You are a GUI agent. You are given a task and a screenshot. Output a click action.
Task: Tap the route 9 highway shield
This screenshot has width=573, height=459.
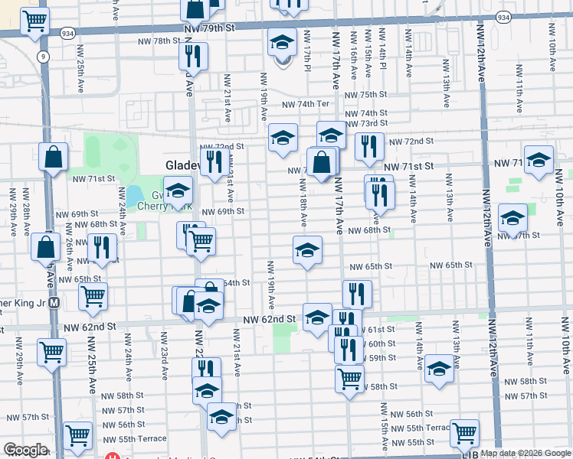44,56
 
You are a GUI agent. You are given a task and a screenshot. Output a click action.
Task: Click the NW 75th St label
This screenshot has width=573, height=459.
366,95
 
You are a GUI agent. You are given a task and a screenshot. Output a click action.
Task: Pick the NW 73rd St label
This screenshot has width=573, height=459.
366,123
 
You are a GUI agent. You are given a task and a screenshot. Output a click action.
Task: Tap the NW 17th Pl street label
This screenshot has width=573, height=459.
306,53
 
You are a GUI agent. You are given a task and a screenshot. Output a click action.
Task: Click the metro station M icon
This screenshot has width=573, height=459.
54,302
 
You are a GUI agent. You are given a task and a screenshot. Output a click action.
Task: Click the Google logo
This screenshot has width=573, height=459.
25,450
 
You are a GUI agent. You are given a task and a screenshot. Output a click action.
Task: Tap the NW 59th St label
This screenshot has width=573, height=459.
379,357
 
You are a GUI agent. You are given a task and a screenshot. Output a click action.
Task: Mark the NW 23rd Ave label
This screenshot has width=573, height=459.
164,356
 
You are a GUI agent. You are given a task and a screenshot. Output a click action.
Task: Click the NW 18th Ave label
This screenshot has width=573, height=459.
303,203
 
